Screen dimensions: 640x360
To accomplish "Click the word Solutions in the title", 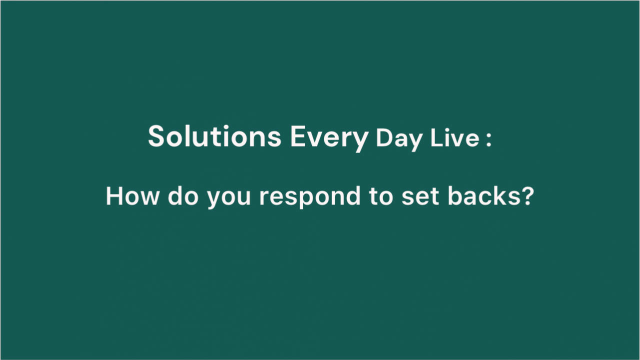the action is [x=214, y=136].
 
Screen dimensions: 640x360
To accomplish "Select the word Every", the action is [x=329, y=138].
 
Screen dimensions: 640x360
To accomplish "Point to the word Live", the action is [x=455, y=138].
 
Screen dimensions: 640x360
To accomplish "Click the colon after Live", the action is [x=488, y=139].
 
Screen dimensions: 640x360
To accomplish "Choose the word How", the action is [x=132, y=196].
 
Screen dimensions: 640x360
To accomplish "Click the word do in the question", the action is [x=183, y=195].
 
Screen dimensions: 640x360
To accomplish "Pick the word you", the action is [x=229, y=199].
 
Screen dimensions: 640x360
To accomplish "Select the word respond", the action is [x=310, y=197].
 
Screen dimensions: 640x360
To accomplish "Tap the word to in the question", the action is [x=381, y=196].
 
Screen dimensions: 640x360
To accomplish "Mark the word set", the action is [x=420, y=196].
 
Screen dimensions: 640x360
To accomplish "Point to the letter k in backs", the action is [x=497, y=195].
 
